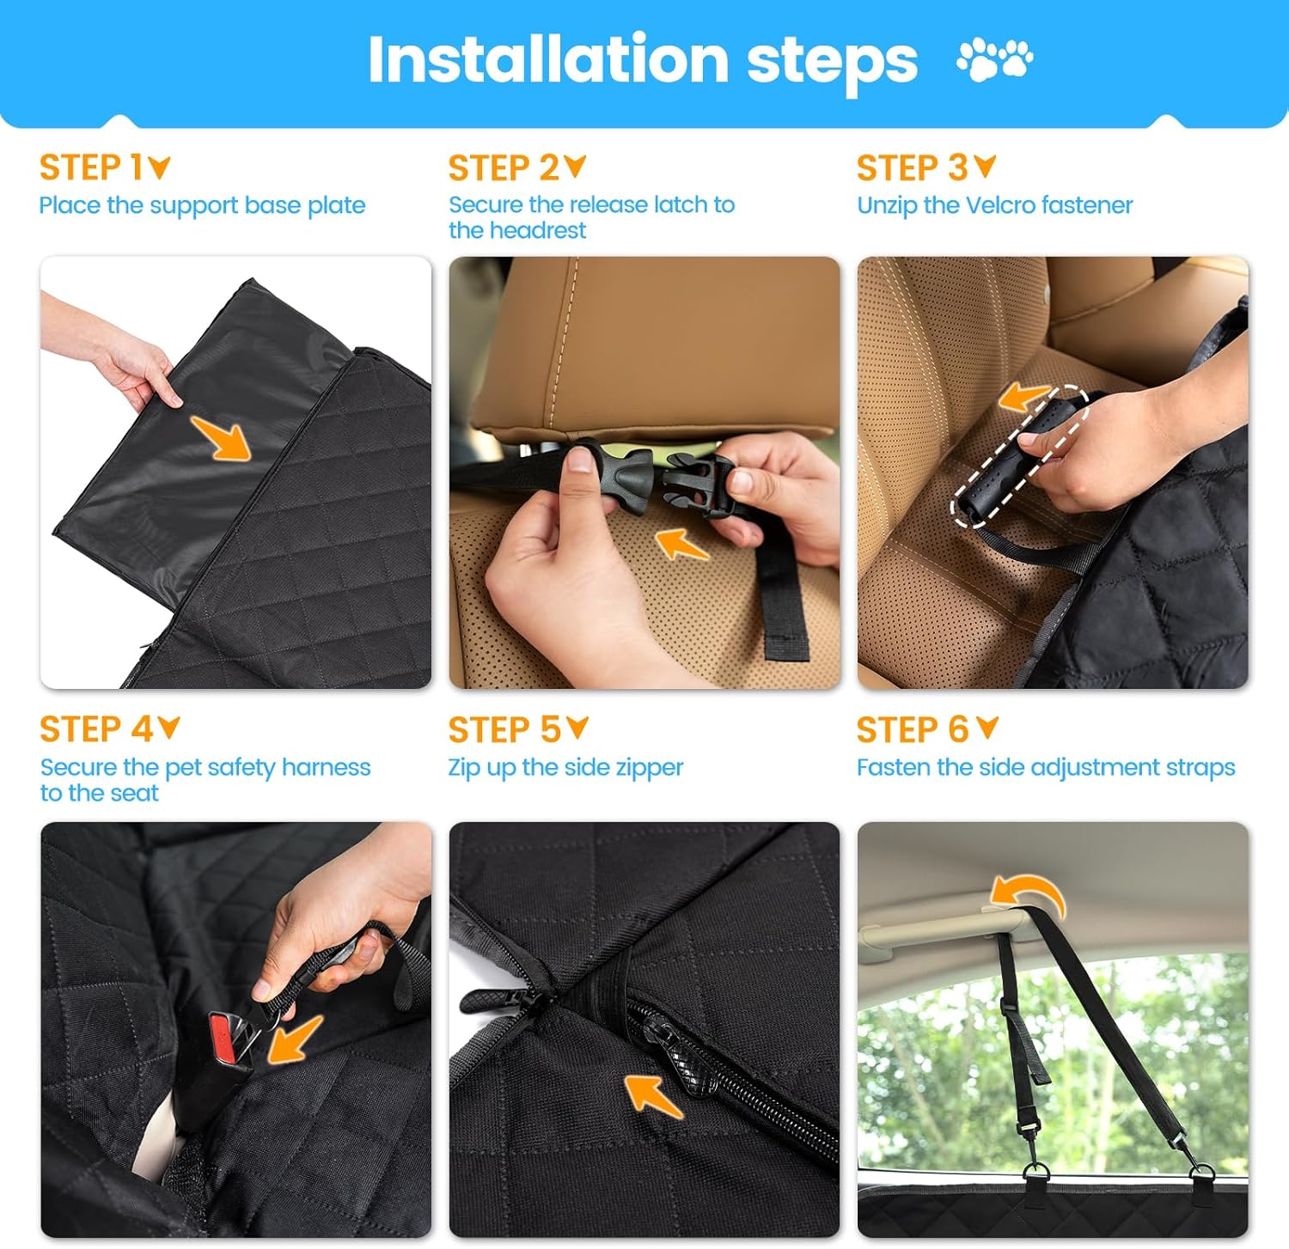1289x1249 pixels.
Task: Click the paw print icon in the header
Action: click(x=995, y=58)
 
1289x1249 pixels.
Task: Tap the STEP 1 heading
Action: click(x=104, y=168)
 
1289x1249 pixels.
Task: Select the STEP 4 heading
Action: click(x=109, y=729)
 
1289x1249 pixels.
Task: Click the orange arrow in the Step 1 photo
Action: click(x=221, y=437)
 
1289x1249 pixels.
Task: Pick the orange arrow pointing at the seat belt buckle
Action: click(x=295, y=1039)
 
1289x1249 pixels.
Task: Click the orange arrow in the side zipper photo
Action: click(x=653, y=1095)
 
